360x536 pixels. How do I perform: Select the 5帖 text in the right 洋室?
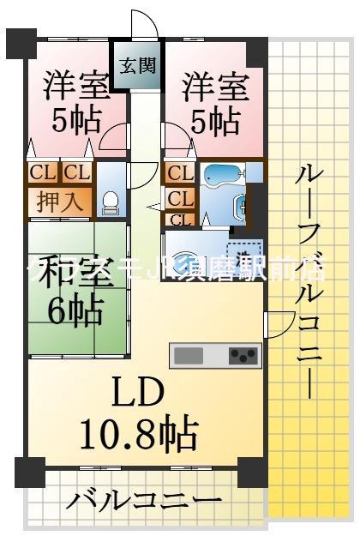215,122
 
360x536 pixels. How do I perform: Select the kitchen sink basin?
189,354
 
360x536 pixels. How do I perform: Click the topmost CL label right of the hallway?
178,174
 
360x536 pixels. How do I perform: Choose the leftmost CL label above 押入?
42,172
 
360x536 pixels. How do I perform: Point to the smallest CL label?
178,220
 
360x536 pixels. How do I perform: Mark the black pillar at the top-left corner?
23,39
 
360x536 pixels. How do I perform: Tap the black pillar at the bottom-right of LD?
250,471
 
